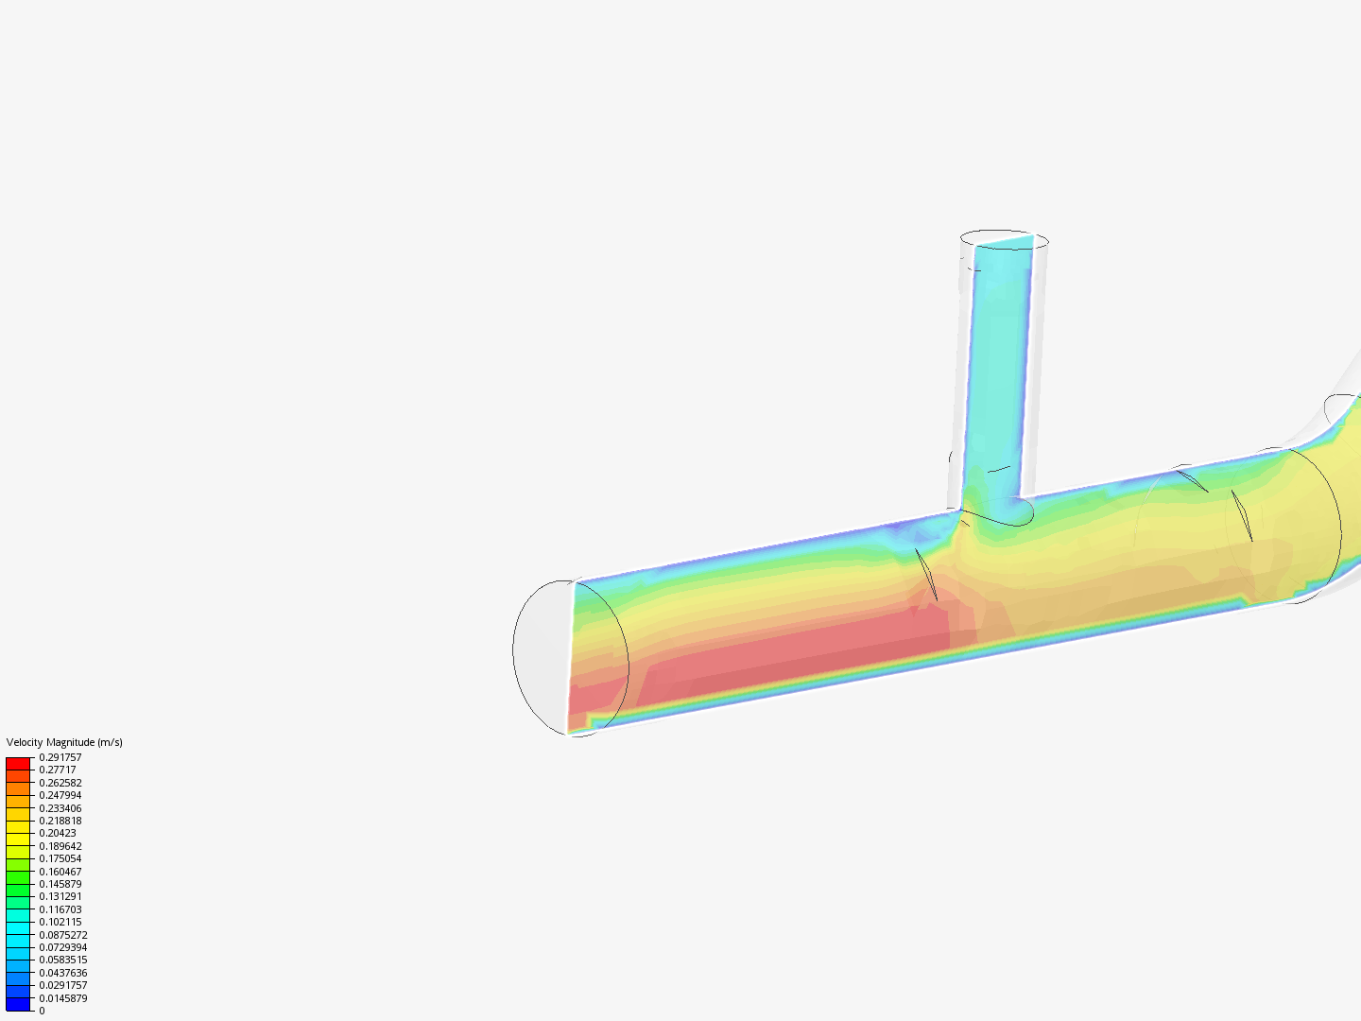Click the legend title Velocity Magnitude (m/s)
point(64,742)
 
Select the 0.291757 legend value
point(60,757)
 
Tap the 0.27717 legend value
point(58,770)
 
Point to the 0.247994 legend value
point(60,795)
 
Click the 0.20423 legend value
point(58,833)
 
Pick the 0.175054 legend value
point(60,858)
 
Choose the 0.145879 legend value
point(60,884)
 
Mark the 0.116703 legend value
point(60,909)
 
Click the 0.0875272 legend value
point(63,935)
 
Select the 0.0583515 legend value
point(63,960)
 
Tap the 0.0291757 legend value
point(63,985)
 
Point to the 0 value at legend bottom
point(42,1011)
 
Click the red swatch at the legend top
point(18,763)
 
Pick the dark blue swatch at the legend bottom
point(18,1004)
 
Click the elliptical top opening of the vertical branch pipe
point(1004,238)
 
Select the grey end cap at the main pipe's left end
point(542,657)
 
